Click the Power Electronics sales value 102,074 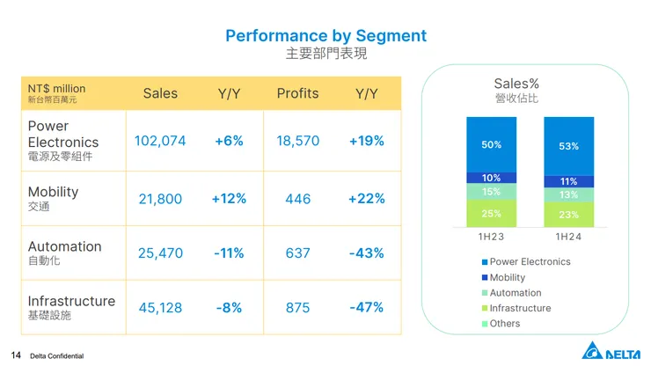point(160,141)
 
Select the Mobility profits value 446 point(297,199)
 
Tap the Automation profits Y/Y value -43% point(366,253)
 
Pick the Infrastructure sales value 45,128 point(160,307)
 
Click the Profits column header point(297,93)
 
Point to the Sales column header point(160,93)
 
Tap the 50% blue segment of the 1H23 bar point(492,144)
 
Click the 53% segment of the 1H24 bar point(568,146)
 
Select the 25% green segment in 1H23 point(492,213)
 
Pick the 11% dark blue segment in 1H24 point(568,181)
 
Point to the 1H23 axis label point(492,237)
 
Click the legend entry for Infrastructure point(520,308)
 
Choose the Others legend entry point(504,324)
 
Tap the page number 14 point(15,355)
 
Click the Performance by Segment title point(325,36)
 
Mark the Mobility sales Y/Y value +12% point(229,199)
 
